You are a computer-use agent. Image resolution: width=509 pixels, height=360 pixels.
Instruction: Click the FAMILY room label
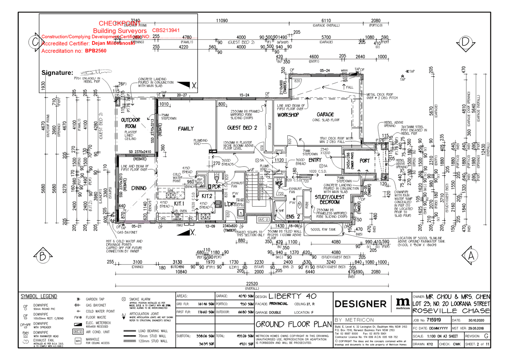coord(186,129)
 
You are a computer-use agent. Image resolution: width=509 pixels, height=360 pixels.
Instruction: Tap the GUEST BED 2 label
coord(242,128)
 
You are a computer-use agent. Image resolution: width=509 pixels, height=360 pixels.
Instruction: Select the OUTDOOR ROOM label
coord(130,123)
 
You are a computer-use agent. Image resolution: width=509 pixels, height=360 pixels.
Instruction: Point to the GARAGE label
coord(325,114)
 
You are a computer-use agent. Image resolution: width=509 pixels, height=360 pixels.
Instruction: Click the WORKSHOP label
coord(288,115)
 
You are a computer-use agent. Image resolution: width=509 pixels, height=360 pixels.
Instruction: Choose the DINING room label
coord(139,188)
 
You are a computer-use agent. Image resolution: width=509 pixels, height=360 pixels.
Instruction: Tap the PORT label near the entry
coord(364,161)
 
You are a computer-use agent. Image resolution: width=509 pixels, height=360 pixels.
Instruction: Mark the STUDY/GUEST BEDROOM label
coord(329,199)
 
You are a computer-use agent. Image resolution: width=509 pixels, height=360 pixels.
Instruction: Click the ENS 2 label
coord(293,216)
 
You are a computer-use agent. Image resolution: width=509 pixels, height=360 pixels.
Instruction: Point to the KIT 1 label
coord(179,204)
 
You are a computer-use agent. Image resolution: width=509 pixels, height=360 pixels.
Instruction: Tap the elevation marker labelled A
coord(471,256)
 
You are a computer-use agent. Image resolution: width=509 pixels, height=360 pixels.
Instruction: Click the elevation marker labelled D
coord(465,43)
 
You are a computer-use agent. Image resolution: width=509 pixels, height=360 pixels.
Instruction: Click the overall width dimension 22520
coord(252,284)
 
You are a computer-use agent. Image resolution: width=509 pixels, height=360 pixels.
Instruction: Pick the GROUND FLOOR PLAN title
coord(293,324)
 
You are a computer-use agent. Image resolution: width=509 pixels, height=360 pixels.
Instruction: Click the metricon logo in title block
coord(402,303)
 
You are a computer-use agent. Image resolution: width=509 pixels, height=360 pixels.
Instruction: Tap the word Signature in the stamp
coord(57,73)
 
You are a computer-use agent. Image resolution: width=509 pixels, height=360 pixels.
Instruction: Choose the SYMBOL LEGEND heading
coord(39,296)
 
